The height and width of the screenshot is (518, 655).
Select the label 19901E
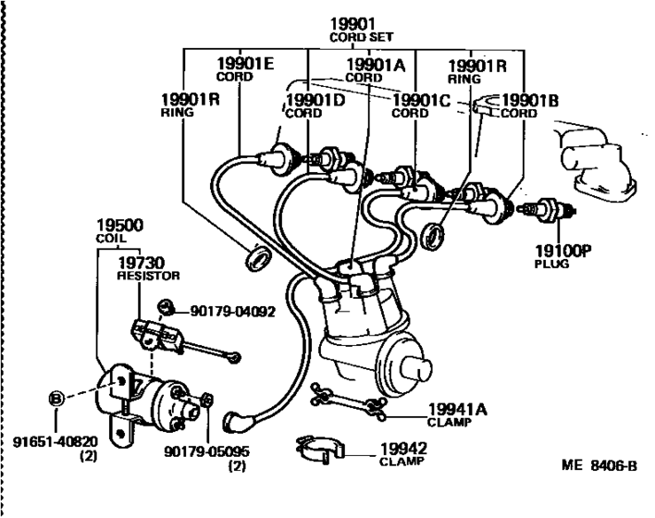coord(245,64)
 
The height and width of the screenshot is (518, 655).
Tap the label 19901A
coord(375,64)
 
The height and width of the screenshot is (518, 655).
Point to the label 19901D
coord(315,100)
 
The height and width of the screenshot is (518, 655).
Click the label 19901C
coord(422,100)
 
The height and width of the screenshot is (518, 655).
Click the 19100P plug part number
coord(563,250)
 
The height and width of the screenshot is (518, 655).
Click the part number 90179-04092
coord(233,312)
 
